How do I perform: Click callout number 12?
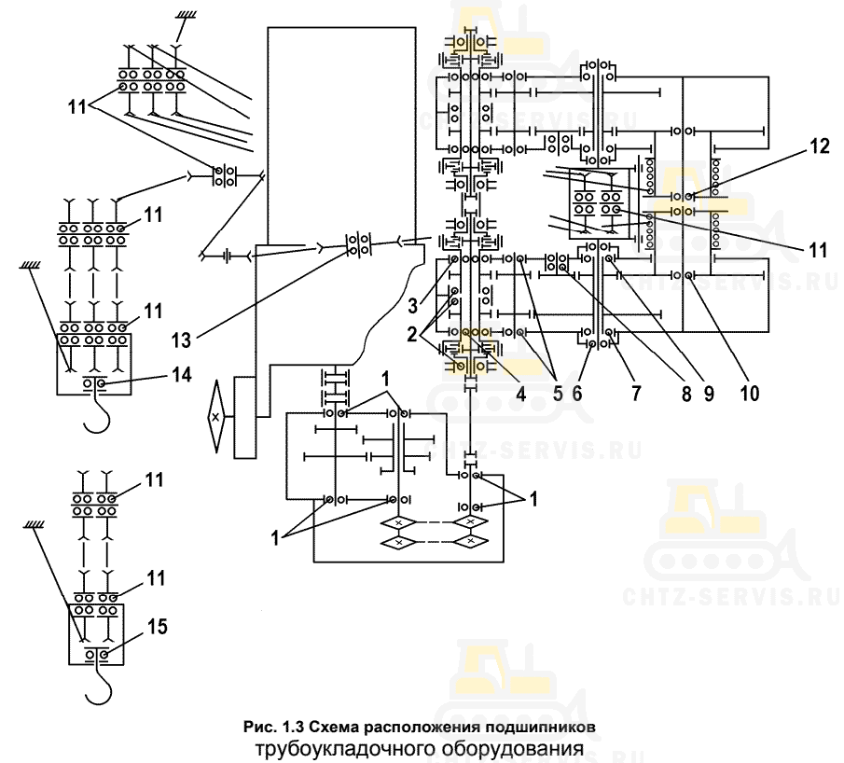pos(819,146)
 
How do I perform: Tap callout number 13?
pos(182,340)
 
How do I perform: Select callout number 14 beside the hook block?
pos(182,374)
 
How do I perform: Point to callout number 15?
pos(158,627)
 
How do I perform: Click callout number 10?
pos(749,394)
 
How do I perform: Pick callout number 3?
pos(413,306)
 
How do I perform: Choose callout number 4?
pos(520,394)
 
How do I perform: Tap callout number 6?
pos(577,394)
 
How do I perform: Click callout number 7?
pos(636,394)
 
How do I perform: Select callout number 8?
pos(686,394)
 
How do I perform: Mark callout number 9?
pos(709,394)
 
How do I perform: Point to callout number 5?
pos(558,394)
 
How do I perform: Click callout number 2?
pos(412,335)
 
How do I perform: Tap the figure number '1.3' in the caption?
pos(294,727)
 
